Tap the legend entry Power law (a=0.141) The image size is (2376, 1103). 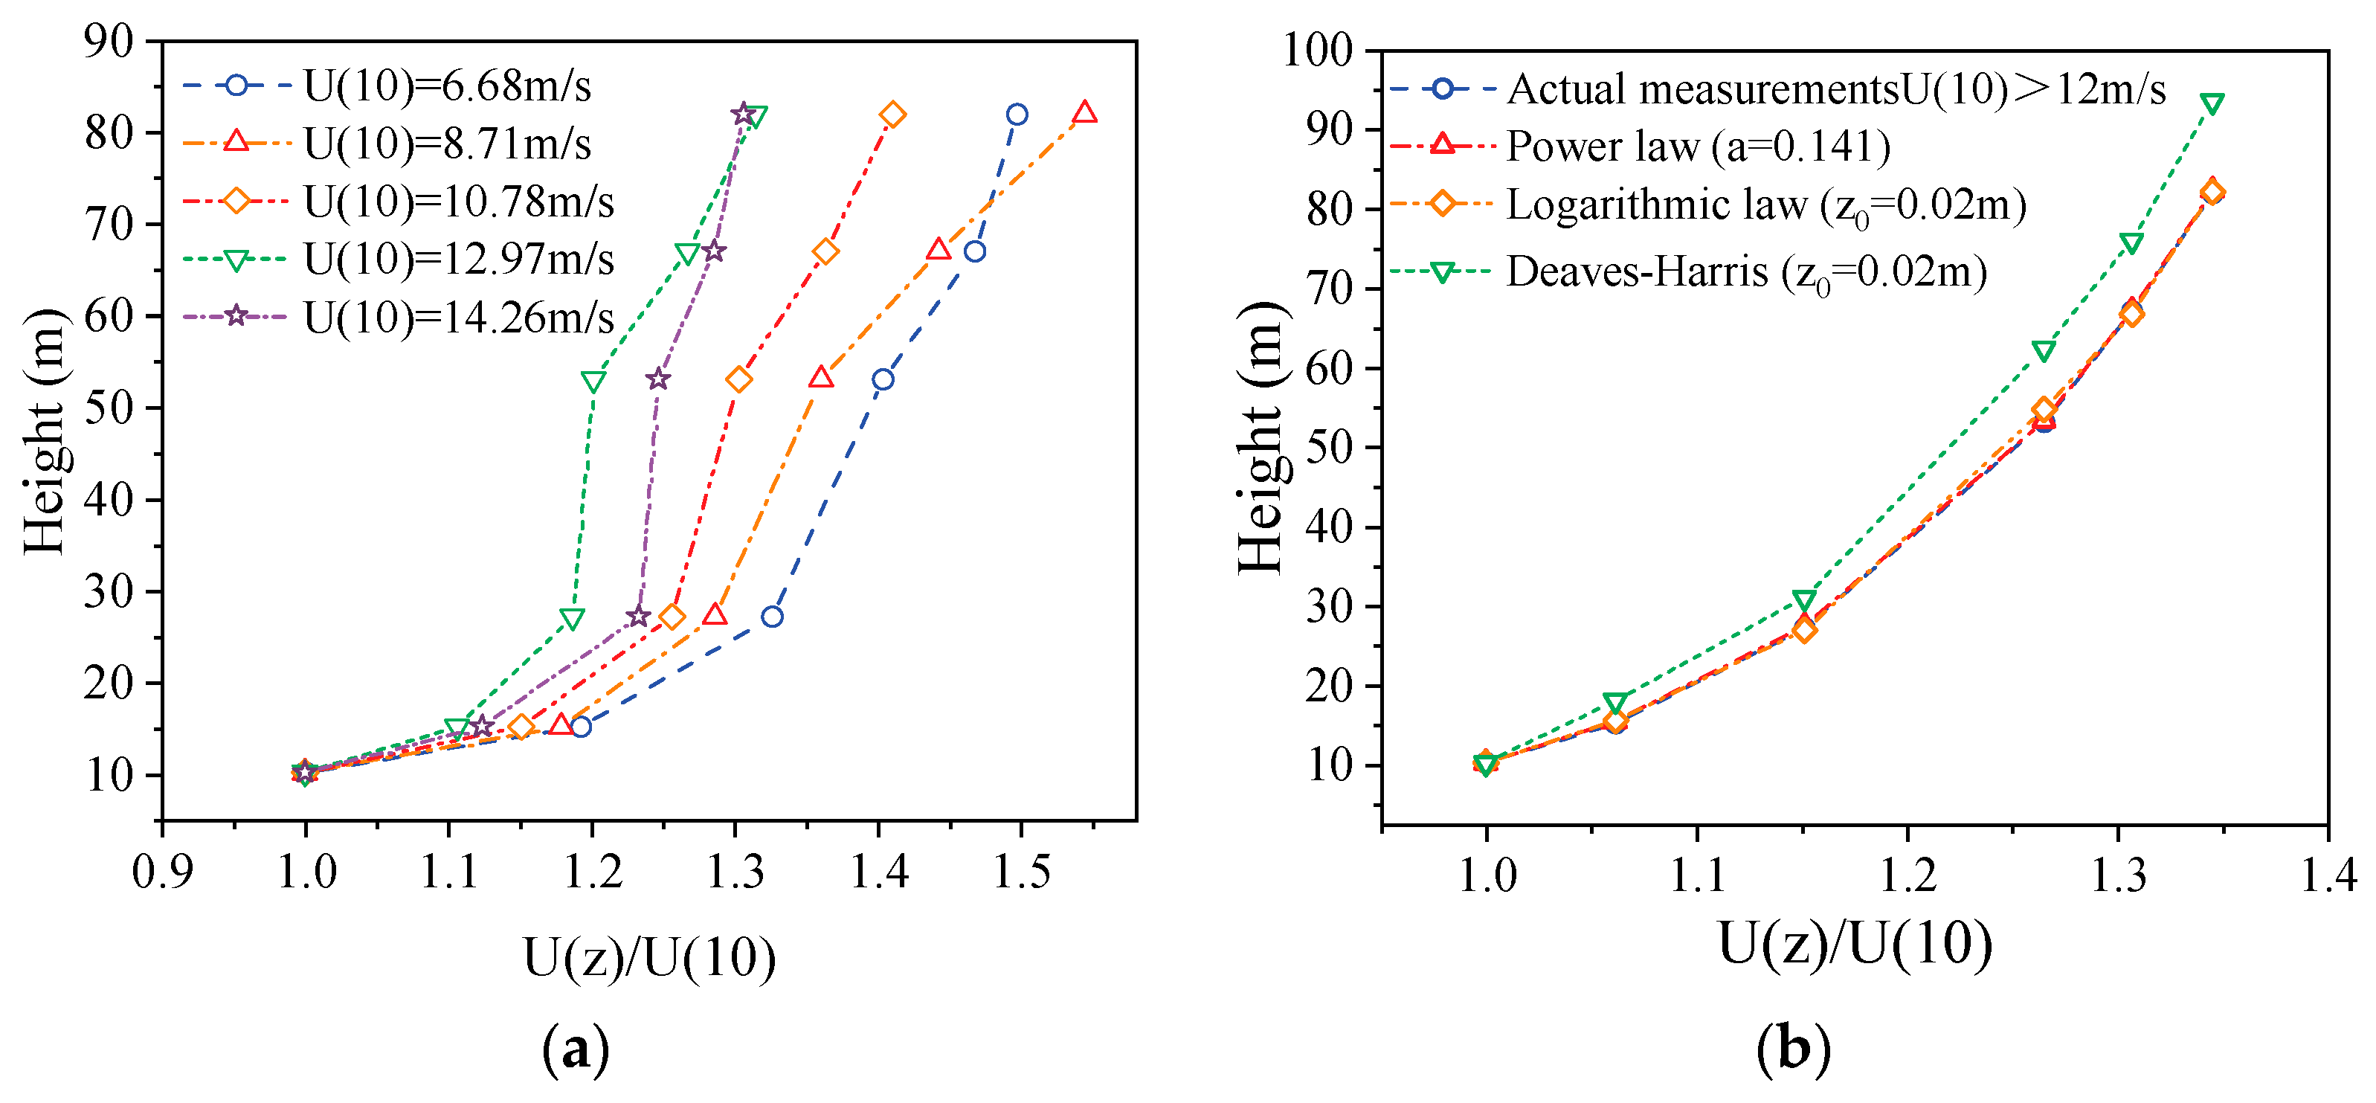click(x=1698, y=146)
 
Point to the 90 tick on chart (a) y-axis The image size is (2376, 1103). click(x=109, y=41)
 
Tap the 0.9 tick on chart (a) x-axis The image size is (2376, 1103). click(x=162, y=872)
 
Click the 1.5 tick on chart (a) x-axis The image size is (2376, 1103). click(x=1020, y=872)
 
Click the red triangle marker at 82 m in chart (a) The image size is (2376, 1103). click(x=1085, y=112)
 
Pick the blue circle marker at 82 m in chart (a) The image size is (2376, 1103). click(x=1017, y=115)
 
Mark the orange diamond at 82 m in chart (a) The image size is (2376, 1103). click(x=892, y=115)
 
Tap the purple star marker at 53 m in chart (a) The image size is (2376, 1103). click(x=657, y=379)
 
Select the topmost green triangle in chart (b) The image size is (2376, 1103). click(x=2211, y=103)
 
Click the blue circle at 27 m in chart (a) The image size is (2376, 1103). click(x=772, y=616)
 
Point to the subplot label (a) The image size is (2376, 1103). click(x=576, y=1049)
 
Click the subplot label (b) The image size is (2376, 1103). click(x=1793, y=1049)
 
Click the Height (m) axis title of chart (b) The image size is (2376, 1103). click(x=1260, y=437)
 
